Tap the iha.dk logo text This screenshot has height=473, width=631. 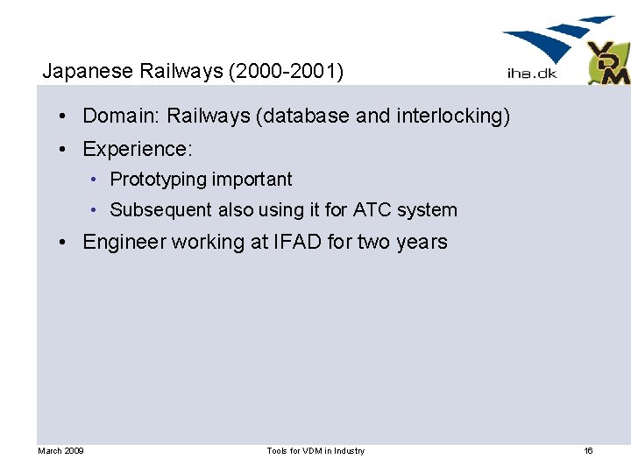click(531, 74)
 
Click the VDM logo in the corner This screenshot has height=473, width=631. click(608, 63)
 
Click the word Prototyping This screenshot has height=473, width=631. click(153, 180)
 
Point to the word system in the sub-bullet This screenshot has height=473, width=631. click(427, 210)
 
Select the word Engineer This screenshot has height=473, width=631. click(124, 242)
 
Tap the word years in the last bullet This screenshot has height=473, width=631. click(421, 242)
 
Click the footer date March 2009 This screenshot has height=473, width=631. click(60, 451)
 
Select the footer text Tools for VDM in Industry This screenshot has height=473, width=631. click(315, 451)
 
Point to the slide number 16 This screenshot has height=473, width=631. click(588, 451)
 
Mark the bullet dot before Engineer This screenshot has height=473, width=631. click(67, 243)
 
